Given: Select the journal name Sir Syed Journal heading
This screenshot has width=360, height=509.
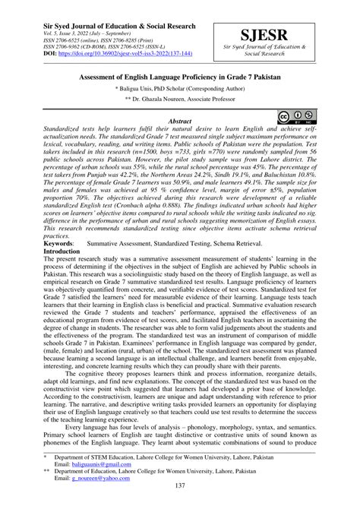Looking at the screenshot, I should (x=109, y=8).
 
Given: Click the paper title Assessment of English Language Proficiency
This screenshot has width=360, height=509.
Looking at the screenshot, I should (x=180, y=77).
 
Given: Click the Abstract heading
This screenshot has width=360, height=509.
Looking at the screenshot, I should (x=179, y=121).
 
